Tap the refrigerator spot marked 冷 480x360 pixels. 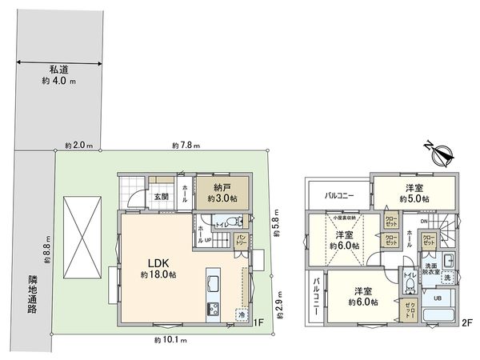click(x=241, y=314)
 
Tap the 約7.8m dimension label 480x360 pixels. click(x=186, y=146)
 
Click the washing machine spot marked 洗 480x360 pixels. click(x=447, y=278)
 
